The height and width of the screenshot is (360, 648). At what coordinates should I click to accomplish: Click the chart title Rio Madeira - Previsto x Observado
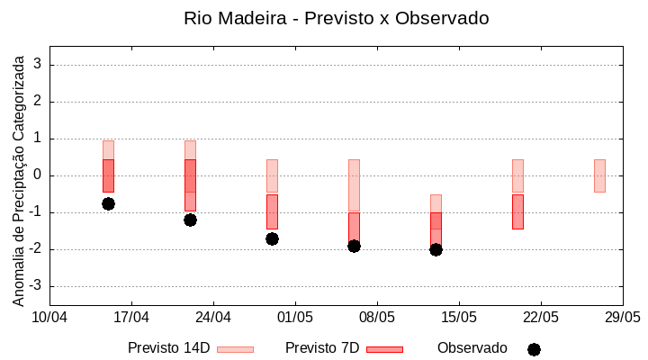(336, 18)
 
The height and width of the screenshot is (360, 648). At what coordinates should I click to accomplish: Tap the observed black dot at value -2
(436, 249)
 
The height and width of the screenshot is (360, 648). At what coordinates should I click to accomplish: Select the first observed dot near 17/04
(108, 203)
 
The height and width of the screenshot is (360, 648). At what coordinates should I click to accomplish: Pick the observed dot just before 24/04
(190, 220)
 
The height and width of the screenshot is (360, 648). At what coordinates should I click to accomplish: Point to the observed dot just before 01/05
(272, 238)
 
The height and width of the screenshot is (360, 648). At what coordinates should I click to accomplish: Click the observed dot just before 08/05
(354, 246)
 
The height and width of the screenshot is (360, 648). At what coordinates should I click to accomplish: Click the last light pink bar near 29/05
(599, 175)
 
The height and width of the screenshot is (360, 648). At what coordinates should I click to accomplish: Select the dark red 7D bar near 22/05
(517, 211)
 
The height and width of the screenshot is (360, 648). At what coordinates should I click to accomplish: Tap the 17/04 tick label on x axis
(131, 318)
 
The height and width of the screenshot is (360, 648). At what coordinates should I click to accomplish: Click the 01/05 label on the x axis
(295, 318)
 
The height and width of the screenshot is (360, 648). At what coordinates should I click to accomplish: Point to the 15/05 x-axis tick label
(459, 318)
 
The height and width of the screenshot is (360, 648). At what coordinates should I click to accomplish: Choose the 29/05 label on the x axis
(622, 318)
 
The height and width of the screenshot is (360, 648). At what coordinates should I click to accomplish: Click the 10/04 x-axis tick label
(50, 318)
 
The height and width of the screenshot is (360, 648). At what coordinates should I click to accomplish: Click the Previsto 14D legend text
(168, 348)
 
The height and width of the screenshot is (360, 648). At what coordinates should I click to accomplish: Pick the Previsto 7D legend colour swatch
(384, 349)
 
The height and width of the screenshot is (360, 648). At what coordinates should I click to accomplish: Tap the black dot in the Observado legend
(534, 349)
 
